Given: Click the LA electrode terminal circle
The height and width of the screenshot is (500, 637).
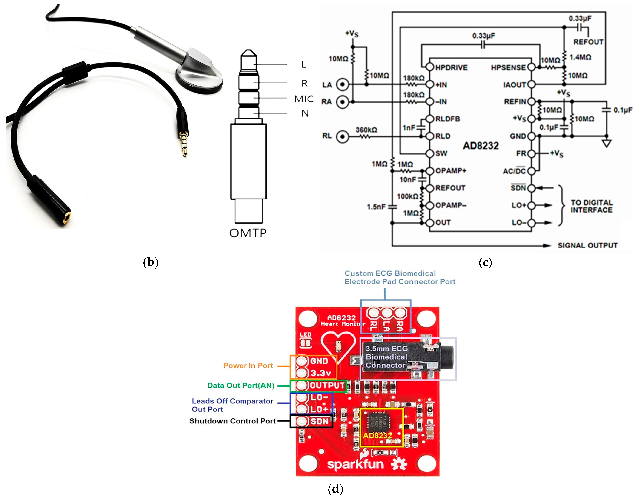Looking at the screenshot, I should [x=342, y=85].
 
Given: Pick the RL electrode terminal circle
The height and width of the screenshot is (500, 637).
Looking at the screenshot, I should [x=342, y=136].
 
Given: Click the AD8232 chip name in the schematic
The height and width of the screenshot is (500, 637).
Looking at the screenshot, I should [x=481, y=146].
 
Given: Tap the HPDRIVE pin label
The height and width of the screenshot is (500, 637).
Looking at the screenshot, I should [x=451, y=68].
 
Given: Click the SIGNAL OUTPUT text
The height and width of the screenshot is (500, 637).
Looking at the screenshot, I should [x=588, y=245].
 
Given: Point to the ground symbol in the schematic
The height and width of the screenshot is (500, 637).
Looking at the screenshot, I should [x=607, y=143].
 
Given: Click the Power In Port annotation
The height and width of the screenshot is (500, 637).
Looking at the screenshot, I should [x=248, y=366].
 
